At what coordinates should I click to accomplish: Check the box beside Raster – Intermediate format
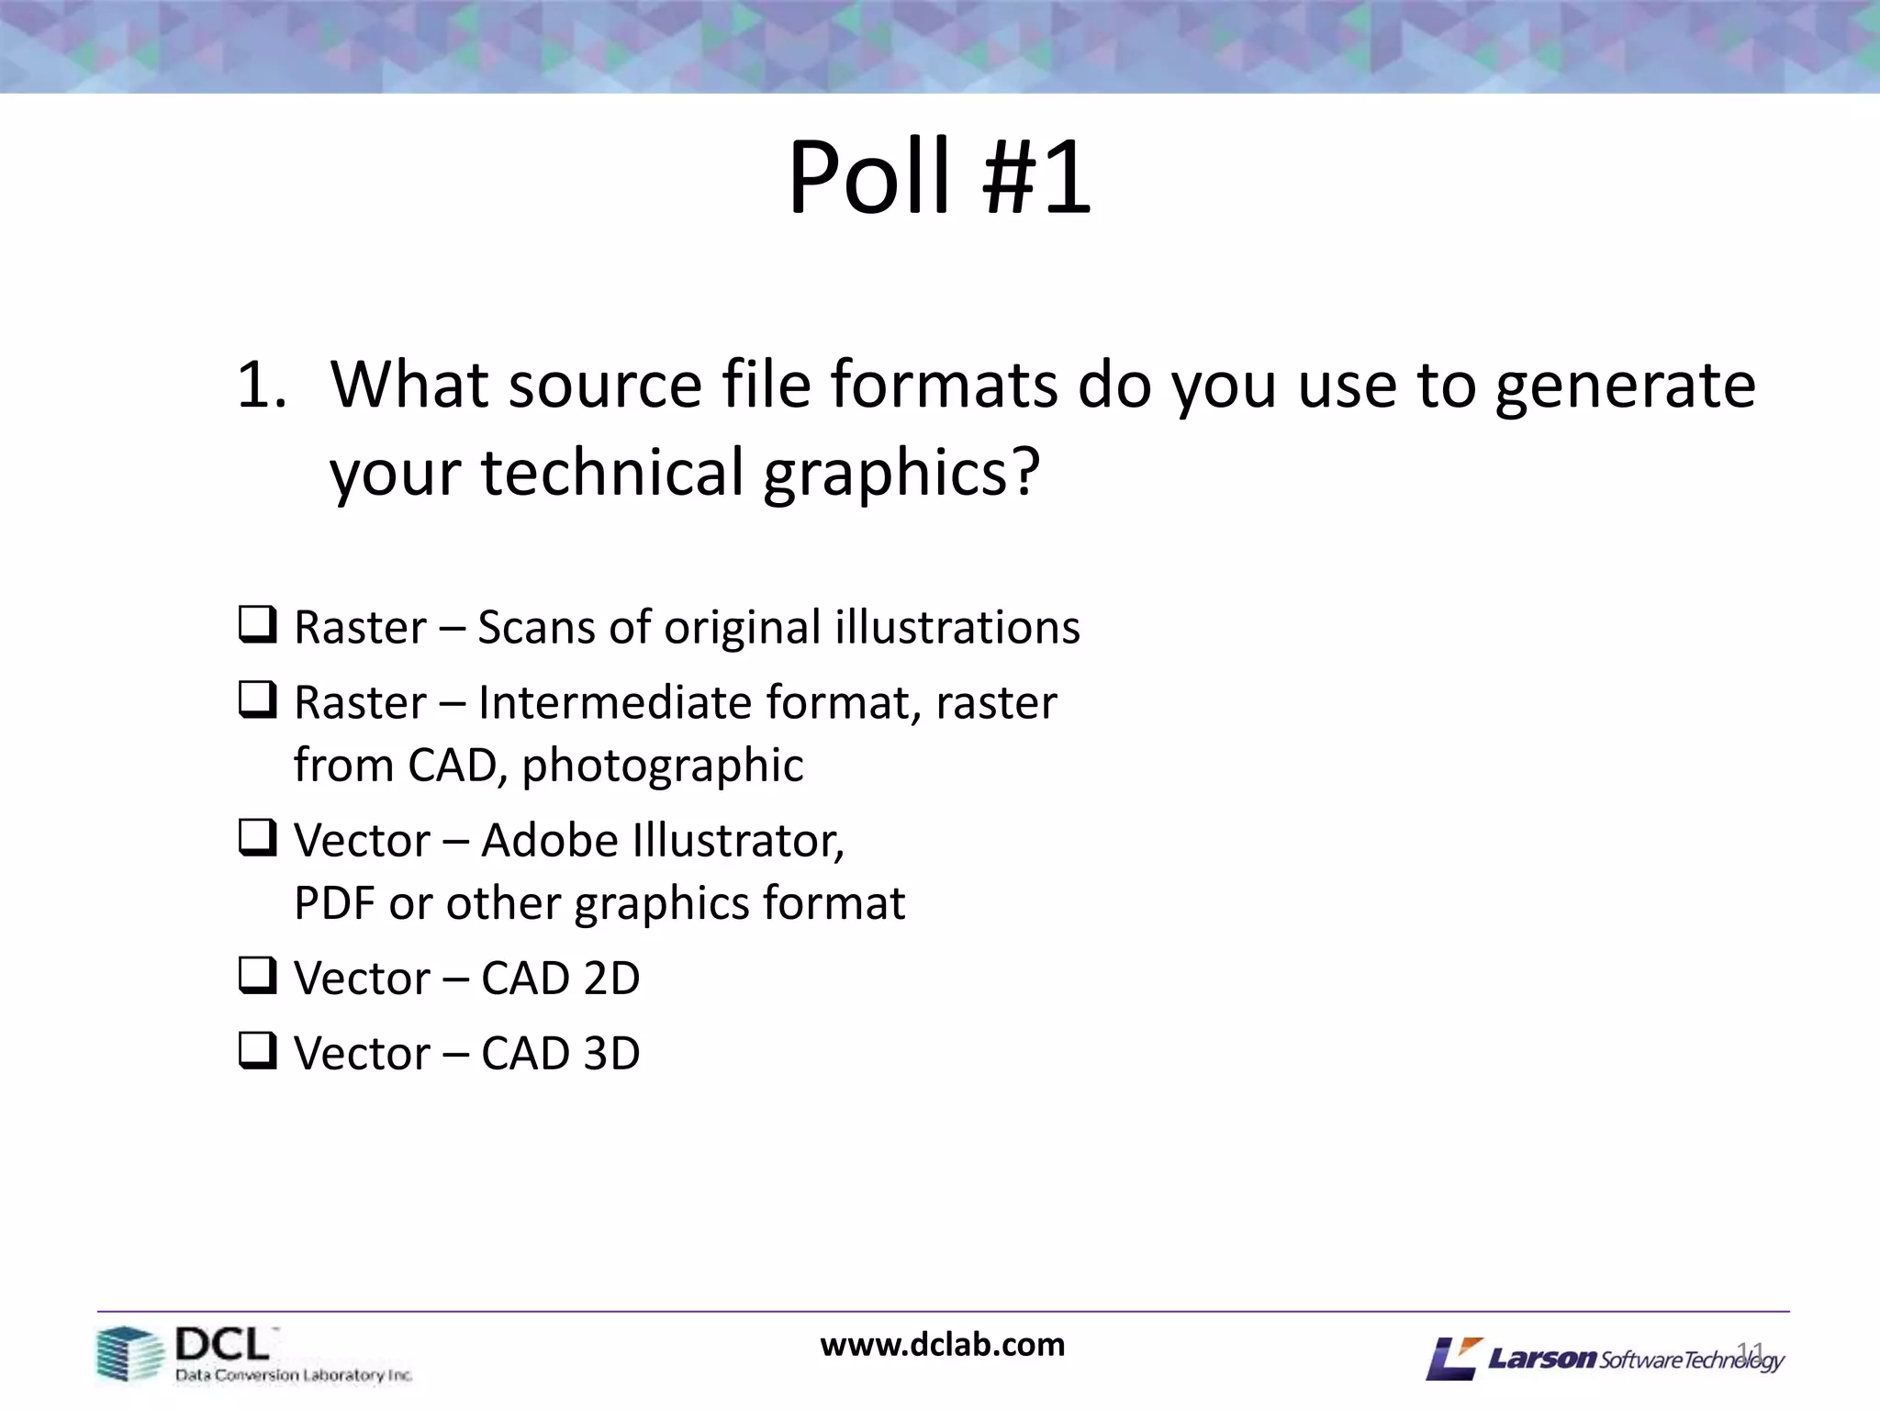(258, 699)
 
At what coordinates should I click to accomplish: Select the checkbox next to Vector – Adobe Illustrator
(258, 837)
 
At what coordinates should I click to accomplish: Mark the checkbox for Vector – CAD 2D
(258, 975)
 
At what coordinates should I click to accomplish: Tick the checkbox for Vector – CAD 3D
(258, 1050)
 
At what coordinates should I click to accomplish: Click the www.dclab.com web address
(943, 1345)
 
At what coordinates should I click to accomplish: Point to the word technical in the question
(611, 473)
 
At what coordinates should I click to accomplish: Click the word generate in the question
(1625, 386)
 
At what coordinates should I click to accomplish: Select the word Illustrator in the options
(739, 840)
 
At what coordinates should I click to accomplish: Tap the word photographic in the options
(663, 766)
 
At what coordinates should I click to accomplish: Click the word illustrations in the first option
(957, 628)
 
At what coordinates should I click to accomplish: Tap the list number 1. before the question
(262, 386)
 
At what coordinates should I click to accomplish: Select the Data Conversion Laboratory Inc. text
(294, 1375)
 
